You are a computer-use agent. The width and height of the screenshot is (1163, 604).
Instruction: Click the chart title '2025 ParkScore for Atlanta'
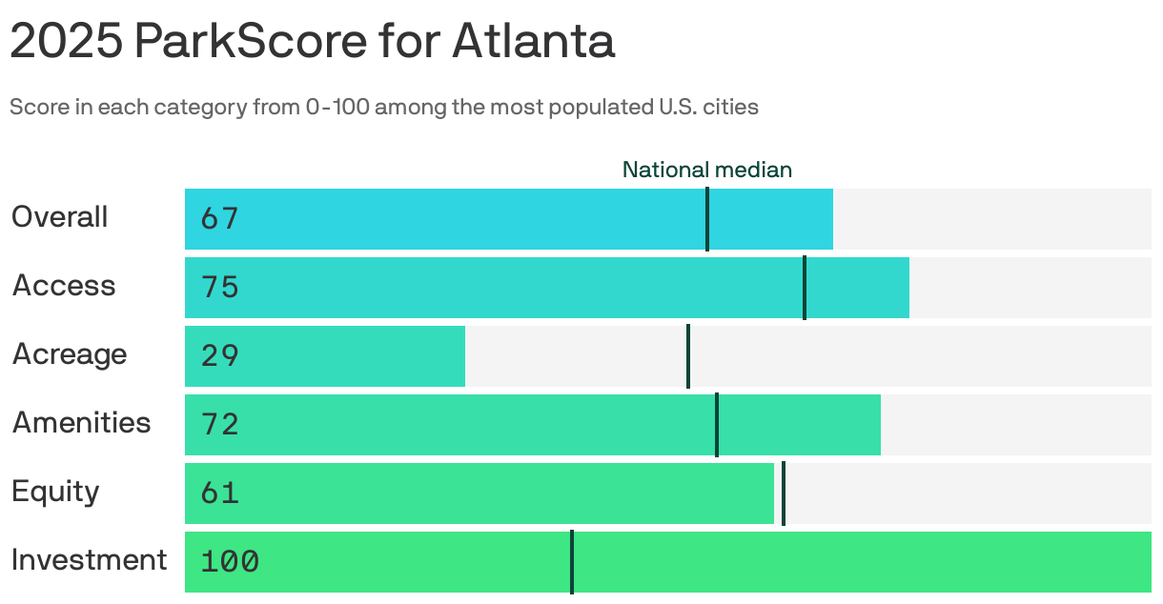tap(312, 42)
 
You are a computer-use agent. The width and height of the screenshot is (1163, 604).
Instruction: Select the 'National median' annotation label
tap(706, 170)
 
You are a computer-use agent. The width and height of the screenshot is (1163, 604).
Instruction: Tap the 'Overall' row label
tap(59, 217)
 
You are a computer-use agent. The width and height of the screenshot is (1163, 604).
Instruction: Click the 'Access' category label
tap(63, 286)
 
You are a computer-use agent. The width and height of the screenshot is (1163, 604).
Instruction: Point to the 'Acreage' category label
tap(69, 354)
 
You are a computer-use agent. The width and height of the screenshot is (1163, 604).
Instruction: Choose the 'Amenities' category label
tap(81, 423)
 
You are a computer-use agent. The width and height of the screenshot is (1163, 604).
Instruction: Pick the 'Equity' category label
tap(55, 492)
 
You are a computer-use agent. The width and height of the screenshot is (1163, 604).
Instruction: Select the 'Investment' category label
tap(89, 560)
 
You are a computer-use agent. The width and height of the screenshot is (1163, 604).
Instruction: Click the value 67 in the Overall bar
tap(219, 219)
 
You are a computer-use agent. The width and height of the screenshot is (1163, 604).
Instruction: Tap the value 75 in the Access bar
tap(219, 288)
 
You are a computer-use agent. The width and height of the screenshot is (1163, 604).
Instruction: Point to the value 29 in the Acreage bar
tap(219, 356)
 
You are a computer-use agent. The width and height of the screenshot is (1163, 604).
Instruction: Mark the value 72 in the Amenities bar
tap(219, 425)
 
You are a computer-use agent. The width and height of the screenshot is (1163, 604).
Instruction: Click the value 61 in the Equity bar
tap(219, 493)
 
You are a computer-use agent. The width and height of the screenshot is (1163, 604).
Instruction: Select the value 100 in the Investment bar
tap(230, 562)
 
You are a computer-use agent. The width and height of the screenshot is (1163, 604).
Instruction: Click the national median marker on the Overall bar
tap(706, 219)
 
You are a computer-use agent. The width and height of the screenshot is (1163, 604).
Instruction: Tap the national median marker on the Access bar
tap(805, 288)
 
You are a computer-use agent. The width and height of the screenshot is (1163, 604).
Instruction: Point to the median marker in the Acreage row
tap(687, 356)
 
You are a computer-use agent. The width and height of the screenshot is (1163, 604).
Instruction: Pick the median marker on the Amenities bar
tap(716, 425)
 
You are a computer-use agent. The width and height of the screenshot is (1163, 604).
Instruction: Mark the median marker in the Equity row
tap(783, 493)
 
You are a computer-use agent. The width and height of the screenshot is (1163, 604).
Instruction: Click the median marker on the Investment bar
tap(571, 562)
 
